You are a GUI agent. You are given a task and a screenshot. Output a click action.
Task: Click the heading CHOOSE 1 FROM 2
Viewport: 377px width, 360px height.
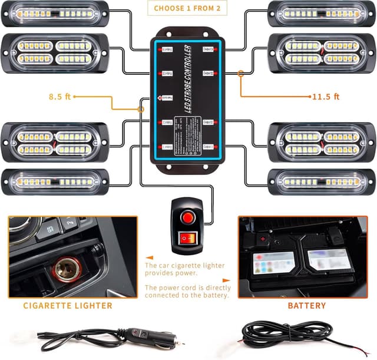tap(188, 8)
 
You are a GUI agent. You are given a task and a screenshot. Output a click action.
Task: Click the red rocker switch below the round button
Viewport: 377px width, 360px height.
tap(188, 239)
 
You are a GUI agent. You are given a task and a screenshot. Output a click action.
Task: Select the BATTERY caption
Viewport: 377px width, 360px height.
tap(306, 306)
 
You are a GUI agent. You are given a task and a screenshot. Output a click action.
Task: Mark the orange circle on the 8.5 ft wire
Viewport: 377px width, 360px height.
tap(141, 110)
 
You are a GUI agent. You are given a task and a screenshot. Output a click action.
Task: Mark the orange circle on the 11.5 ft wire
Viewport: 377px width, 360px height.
tap(241, 74)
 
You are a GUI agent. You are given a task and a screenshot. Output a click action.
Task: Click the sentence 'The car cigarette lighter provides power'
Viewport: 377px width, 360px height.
tap(184, 269)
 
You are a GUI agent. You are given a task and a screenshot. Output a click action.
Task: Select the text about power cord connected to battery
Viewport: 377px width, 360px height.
tap(187, 292)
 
